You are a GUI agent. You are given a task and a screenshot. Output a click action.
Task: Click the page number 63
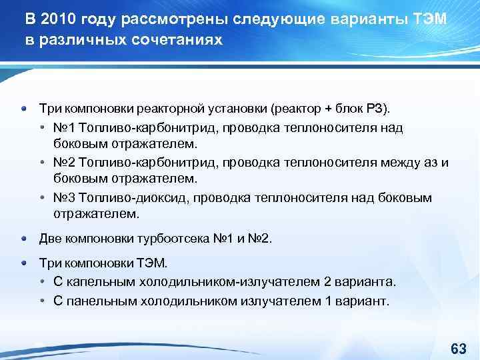[458, 349]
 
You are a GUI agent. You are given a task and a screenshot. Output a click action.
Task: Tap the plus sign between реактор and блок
[327, 108]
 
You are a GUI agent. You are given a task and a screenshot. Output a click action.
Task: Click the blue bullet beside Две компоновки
[24, 238]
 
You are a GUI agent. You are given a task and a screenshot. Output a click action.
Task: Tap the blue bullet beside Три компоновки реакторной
[24, 108]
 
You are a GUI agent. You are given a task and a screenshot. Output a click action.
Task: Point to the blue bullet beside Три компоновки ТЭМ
[24, 263]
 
